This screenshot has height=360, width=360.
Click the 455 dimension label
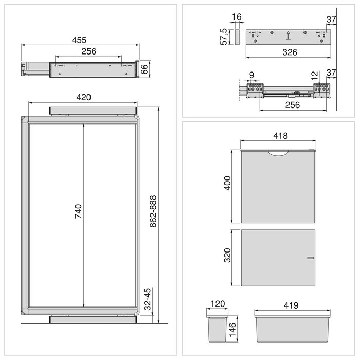coord(79,40)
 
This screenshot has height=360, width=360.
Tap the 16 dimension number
coord(236,17)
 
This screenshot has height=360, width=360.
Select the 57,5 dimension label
coord(224,37)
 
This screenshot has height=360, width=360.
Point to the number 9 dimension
coord(251,75)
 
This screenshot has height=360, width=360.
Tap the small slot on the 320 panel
coord(310,257)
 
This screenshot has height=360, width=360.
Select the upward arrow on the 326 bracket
coord(289,36)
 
